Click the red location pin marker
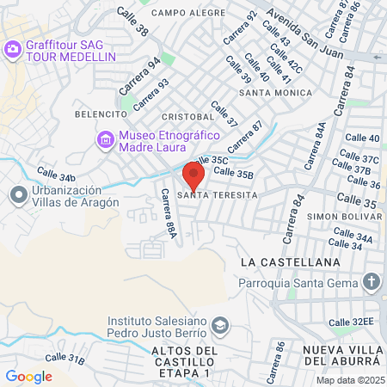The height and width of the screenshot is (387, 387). tap(193, 175)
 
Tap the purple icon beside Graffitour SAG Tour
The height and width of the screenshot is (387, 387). tap(13, 50)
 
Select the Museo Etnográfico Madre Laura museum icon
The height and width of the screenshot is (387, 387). tap(106, 138)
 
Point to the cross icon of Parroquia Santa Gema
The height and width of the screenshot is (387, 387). tap(371, 281)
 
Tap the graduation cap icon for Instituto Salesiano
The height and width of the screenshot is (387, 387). tap(220, 325)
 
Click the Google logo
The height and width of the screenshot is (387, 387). tap(28, 376)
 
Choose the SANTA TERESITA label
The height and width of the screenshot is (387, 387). tap(217, 195)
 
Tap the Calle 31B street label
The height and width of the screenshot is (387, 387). tap(64, 357)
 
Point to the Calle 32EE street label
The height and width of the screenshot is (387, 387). tap(350, 322)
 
